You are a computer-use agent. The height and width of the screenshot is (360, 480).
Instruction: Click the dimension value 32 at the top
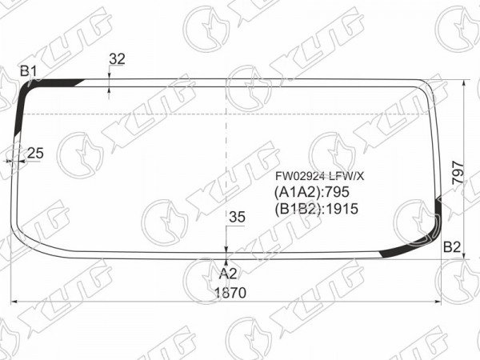(118, 59)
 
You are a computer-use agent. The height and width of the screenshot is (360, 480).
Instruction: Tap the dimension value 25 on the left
(35, 153)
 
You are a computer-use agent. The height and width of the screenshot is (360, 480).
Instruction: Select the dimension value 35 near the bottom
(238, 217)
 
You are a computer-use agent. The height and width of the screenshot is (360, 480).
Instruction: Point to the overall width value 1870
(230, 293)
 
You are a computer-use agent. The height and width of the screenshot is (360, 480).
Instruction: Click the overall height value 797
(458, 172)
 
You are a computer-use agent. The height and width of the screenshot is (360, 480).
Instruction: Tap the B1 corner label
(29, 72)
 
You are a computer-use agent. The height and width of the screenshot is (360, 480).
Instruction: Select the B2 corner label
(452, 247)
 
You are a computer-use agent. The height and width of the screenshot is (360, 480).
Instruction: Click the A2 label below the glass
(228, 274)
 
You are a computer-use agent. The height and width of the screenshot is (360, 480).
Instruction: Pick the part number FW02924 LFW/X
(319, 176)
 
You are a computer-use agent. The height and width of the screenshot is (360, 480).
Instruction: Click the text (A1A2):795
(312, 192)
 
